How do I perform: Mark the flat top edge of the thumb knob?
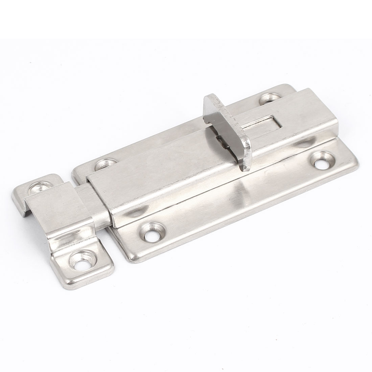pyautogui.click(x=215, y=101)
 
